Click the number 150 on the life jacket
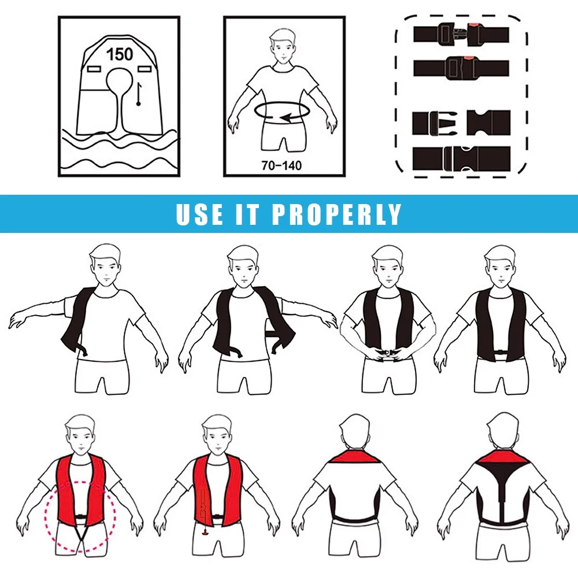120,54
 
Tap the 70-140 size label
281,165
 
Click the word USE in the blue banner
199,214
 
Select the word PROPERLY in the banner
336,214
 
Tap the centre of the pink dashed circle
80,517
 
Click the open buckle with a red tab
461,34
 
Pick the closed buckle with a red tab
461,68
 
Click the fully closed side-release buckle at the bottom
461,158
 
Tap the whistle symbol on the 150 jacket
139,94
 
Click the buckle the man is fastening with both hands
387,354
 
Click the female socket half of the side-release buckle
488,123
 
